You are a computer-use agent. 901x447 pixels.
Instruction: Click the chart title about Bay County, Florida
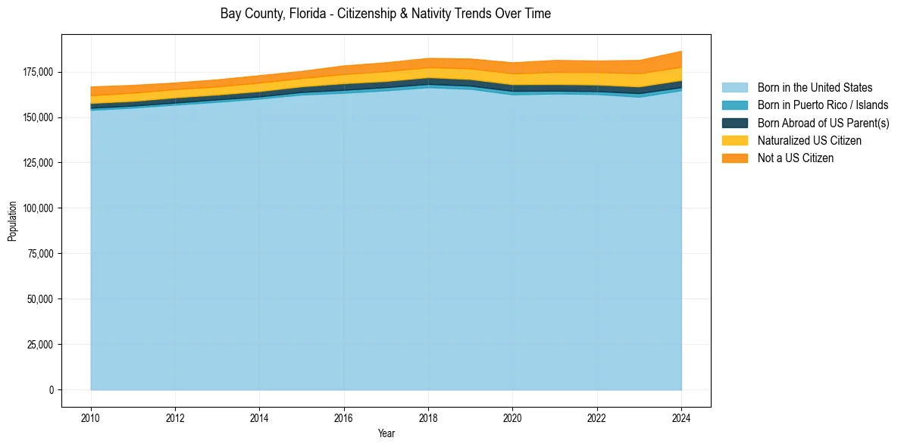coord(386,14)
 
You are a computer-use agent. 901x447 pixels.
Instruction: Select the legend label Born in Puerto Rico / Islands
coord(823,105)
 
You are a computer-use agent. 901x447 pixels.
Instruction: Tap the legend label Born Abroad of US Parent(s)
coord(823,123)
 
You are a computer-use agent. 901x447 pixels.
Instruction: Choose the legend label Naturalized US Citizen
coord(809,141)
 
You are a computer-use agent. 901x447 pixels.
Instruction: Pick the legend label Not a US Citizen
coord(796,158)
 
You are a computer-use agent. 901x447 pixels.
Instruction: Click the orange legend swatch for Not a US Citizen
coord(734,158)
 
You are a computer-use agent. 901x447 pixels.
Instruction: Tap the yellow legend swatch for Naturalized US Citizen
coord(734,141)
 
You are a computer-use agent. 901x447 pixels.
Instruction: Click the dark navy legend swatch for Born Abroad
coord(734,123)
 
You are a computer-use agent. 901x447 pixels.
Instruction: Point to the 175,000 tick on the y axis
coord(39,72)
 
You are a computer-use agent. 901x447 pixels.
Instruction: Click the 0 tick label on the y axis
coord(52,390)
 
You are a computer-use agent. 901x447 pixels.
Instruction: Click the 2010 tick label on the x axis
coord(90,417)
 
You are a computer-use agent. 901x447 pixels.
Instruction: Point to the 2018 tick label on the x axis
coord(428,417)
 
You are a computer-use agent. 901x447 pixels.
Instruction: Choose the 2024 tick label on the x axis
coord(681,417)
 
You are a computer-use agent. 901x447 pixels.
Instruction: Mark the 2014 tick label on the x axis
coord(259,417)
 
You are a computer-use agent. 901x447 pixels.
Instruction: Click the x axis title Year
coord(386,434)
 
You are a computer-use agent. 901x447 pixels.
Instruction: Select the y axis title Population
coord(12,221)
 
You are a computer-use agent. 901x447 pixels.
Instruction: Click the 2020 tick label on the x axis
coord(512,417)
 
